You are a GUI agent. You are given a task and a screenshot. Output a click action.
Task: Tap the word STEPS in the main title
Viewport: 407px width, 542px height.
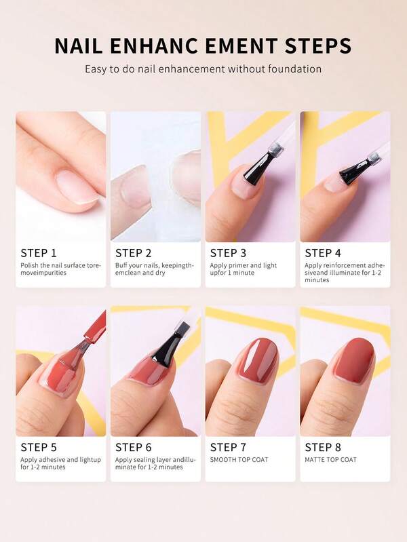point(318,45)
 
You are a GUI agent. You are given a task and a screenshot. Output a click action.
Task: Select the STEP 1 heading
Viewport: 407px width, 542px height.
point(39,253)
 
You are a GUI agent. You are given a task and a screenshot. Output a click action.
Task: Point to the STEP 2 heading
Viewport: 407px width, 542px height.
point(134,253)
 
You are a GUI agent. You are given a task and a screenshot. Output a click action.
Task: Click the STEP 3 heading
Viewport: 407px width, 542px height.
point(228,253)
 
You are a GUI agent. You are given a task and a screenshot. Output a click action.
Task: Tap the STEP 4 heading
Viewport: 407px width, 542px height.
point(323,253)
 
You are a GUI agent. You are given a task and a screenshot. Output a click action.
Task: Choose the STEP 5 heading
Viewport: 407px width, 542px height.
point(39,447)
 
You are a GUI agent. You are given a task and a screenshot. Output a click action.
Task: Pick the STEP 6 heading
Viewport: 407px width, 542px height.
point(134,447)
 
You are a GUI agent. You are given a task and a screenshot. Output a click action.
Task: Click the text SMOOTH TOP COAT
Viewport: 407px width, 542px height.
point(239,460)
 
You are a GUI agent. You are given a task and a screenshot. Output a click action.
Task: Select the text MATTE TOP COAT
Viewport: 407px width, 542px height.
point(330,460)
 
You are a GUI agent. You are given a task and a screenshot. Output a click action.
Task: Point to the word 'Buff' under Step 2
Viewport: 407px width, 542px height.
point(121,265)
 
